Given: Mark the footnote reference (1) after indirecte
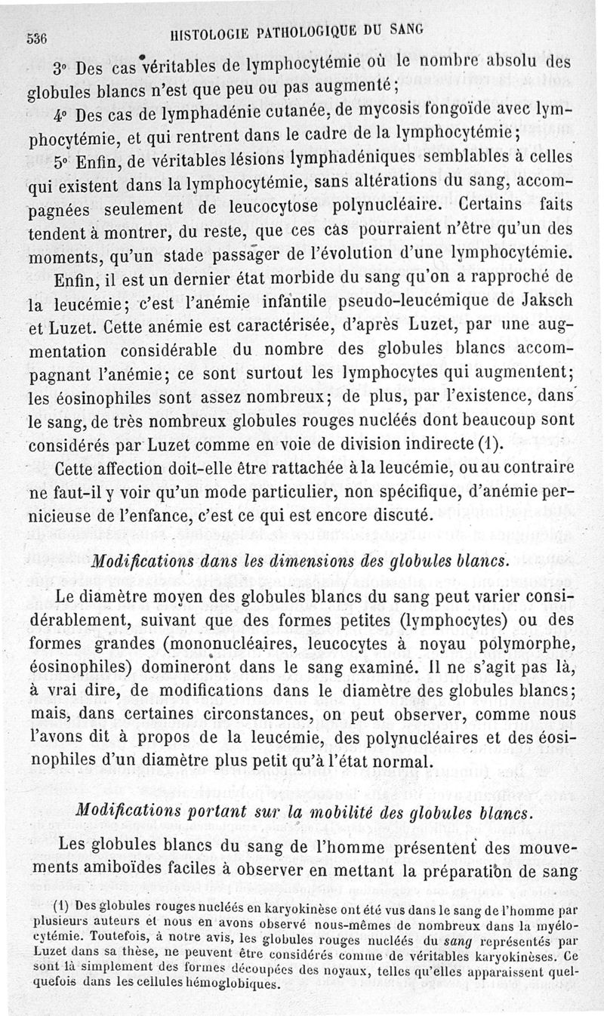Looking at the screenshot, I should pos(511,442).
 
